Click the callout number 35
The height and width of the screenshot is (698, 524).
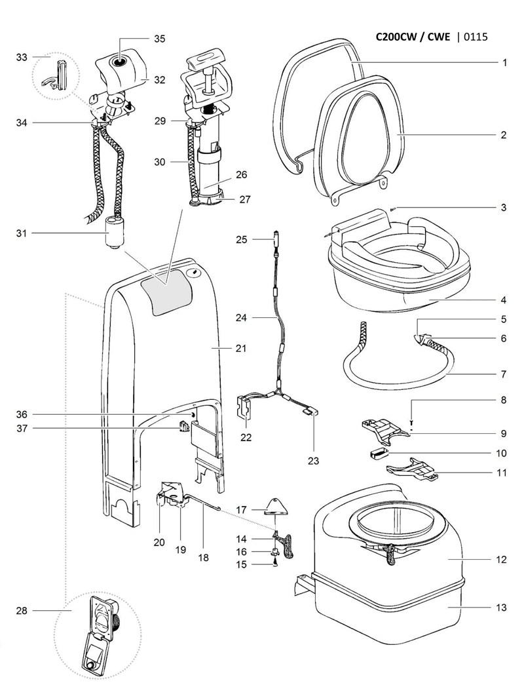[159, 39]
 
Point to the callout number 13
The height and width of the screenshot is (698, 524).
[501, 608]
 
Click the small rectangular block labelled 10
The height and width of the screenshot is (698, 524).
[377, 452]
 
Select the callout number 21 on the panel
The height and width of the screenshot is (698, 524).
[240, 348]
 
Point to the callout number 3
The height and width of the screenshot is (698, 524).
[504, 208]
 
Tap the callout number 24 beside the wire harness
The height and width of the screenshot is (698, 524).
[241, 318]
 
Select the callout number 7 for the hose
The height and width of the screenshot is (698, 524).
[504, 375]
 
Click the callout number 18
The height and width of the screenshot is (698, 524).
[203, 558]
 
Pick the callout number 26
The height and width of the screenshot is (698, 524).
[241, 175]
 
